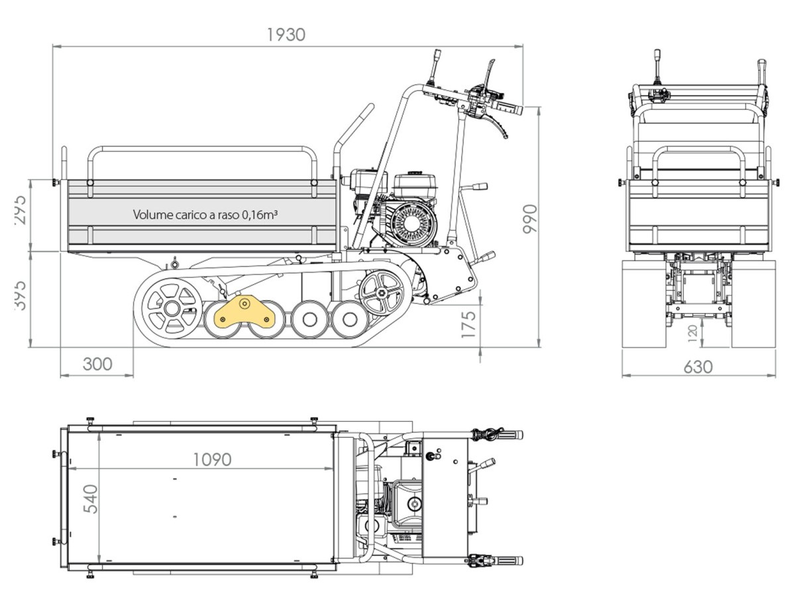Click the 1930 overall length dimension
click(x=286, y=34)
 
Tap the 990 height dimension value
click(x=531, y=219)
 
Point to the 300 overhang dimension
click(x=97, y=364)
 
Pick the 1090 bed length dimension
click(x=212, y=459)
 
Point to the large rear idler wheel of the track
click(x=171, y=308)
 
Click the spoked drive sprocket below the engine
click(x=380, y=293)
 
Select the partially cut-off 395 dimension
click(x=20, y=294)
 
